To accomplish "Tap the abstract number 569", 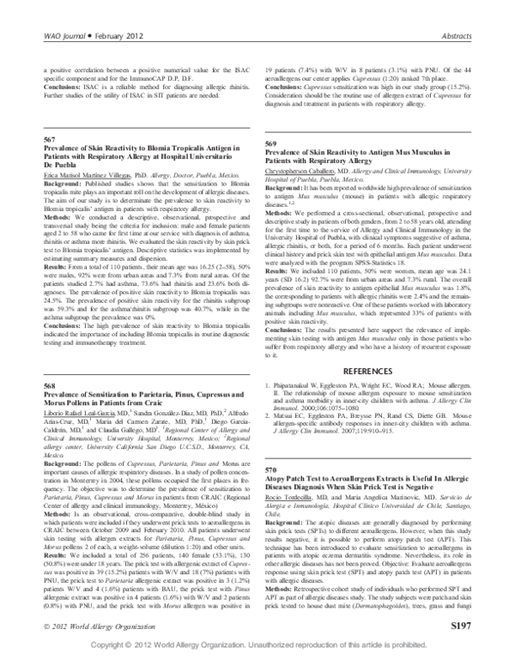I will (x=270, y=143).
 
